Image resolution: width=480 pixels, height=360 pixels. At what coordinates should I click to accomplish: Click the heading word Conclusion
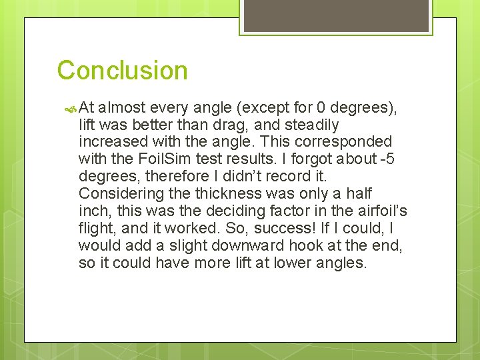(x=122, y=70)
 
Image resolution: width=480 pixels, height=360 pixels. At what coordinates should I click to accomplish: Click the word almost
(x=125, y=107)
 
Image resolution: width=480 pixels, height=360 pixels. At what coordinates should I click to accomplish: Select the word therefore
(x=170, y=177)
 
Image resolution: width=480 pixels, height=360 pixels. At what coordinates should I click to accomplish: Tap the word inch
(x=94, y=211)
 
